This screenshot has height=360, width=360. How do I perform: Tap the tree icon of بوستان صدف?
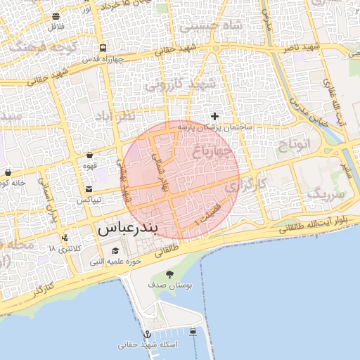[169, 274]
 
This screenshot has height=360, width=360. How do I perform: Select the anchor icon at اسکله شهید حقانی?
[148, 334]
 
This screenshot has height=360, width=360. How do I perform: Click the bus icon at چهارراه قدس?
[103, 49]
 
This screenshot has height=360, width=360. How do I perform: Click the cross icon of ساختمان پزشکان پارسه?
[214, 115]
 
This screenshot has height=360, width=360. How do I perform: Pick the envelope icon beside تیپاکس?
[89, 188]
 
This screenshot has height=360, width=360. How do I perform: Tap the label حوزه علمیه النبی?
[115, 262]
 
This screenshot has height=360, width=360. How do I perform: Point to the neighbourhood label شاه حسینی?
[211, 25]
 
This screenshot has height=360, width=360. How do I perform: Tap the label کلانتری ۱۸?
[65, 249]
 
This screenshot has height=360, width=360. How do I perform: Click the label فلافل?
[56, 27]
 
